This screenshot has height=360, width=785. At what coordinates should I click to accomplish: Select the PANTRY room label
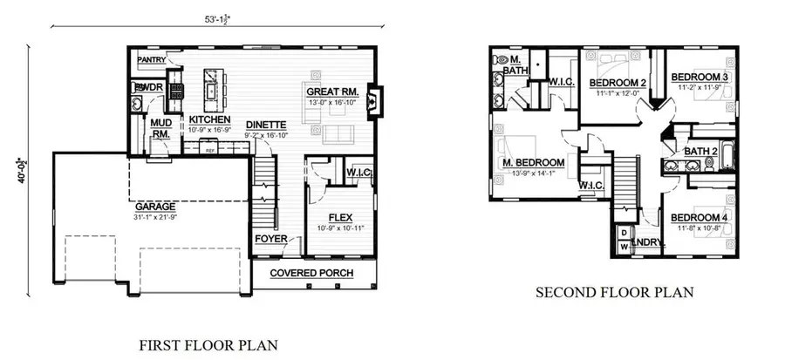point(152,61)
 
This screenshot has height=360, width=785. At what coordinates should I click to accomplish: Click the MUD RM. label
point(160,128)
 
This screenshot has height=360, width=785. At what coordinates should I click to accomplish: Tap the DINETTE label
point(263,125)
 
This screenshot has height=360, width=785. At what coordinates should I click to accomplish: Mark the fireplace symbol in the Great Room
point(374,98)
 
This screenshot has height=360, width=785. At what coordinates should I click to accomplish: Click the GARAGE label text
point(154,207)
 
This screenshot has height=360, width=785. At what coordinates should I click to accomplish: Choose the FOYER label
point(270,238)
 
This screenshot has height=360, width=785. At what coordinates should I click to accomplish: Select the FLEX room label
point(340,218)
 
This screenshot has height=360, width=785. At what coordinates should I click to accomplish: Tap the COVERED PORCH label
point(311,273)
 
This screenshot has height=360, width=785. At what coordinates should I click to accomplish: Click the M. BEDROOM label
point(533,162)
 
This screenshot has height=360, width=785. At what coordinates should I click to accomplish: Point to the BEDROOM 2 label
point(617,83)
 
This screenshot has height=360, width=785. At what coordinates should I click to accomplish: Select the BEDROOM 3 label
point(700,78)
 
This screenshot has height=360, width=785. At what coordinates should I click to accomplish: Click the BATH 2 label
point(701,151)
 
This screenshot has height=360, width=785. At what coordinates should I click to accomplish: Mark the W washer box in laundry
point(624,247)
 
